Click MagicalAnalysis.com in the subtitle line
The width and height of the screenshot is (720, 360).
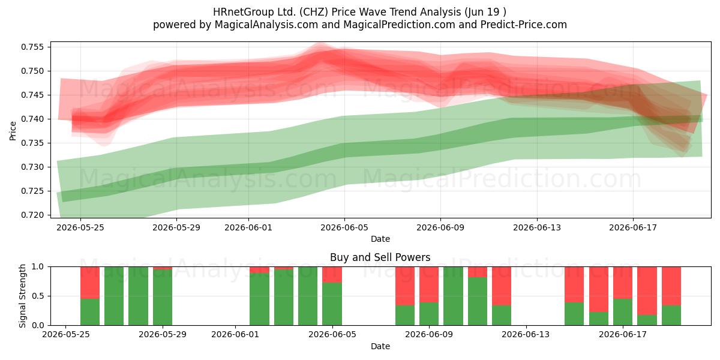click(266, 25)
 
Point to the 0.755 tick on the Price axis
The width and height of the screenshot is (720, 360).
click(32, 47)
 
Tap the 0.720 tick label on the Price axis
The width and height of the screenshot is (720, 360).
click(32, 215)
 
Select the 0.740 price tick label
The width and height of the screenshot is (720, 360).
click(32, 119)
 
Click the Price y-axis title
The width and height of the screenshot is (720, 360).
click(13, 131)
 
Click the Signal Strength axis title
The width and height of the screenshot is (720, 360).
click(22, 296)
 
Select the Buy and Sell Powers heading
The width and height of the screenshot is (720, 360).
click(380, 257)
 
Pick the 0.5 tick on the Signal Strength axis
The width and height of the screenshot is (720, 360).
click(38, 296)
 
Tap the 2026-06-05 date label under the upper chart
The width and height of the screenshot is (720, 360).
click(344, 227)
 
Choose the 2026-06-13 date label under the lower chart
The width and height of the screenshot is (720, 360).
click(526, 335)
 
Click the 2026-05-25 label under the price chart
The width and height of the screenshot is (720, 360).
click(80, 227)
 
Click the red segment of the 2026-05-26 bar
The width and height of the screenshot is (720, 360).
click(90, 283)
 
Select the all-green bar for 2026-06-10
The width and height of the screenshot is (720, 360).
click(453, 296)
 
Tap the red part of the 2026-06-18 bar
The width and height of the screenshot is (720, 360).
click(647, 291)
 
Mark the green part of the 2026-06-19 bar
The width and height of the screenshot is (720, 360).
click(671, 316)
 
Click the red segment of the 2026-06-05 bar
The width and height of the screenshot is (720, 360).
click(332, 275)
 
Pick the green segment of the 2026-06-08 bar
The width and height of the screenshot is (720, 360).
click(405, 316)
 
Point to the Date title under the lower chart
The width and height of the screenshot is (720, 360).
click(380, 346)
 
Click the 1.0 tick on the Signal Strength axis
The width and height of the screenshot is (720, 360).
click(38, 267)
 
